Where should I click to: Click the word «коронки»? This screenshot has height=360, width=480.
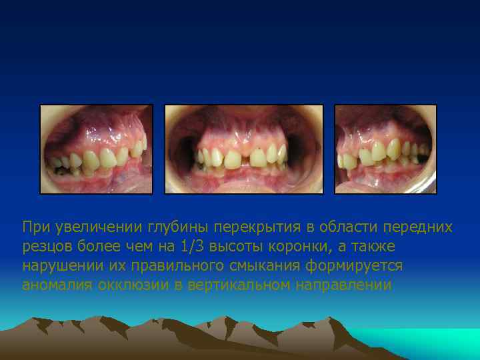point(291,247)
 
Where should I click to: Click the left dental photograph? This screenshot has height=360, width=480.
point(97,149)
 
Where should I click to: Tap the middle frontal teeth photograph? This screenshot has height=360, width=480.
point(244,149)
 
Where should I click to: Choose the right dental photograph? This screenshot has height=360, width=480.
point(385,149)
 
